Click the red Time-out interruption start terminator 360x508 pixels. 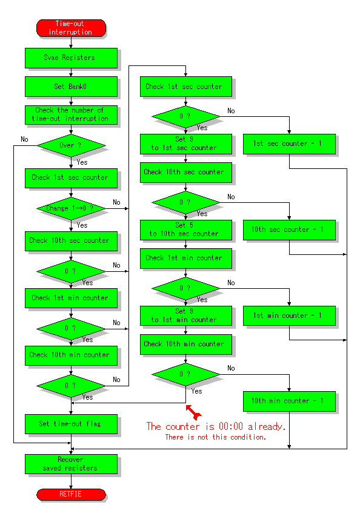click(71, 28)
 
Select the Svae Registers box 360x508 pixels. click(71, 58)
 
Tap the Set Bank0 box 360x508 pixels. click(71, 87)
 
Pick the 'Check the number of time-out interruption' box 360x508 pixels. click(71, 115)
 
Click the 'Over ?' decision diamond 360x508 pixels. click(71, 145)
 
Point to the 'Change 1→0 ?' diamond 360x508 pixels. click(71, 208)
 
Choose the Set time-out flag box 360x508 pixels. click(71, 424)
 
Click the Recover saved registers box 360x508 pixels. click(71, 464)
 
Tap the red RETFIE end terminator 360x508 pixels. click(71, 495)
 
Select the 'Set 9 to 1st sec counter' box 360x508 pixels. click(186, 144)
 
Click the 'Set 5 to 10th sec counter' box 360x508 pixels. click(186, 230)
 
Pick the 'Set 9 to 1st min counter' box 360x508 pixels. click(186, 316)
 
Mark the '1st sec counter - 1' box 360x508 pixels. click(289, 144)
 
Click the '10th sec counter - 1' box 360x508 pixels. click(289, 230)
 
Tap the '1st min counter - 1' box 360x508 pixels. click(289, 316)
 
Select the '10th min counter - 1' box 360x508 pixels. click(289, 401)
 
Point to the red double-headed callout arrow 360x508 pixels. click(193, 412)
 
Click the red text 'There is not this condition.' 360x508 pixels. click(216, 437)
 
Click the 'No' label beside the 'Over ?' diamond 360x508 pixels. click(24, 139)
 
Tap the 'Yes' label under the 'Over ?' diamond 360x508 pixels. click(82, 162)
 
